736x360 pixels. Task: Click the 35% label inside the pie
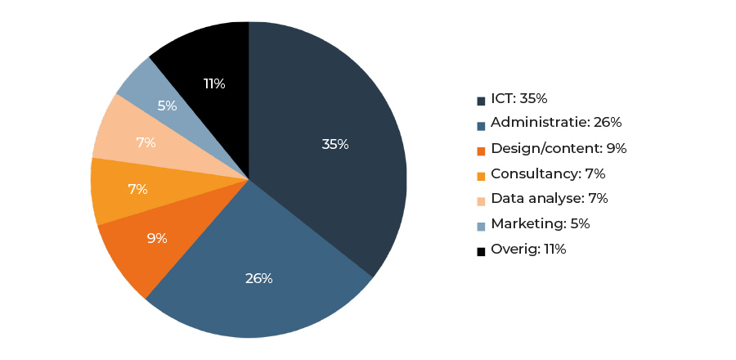(335, 145)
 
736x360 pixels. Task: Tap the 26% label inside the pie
(258, 278)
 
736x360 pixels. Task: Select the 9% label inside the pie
(156, 239)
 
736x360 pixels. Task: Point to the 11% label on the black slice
(214, 83)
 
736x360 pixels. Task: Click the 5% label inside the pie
(167, 106)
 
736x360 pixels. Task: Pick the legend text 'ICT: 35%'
(519, 99)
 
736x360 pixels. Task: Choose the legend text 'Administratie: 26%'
(556, 124)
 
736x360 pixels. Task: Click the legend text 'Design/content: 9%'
(559, 149)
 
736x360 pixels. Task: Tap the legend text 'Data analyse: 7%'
(549, 199)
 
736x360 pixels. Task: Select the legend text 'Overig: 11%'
(528, 250)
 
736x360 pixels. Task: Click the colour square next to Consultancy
(482, 176)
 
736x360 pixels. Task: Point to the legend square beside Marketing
(482, 226)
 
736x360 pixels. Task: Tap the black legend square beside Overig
(482, 251)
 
